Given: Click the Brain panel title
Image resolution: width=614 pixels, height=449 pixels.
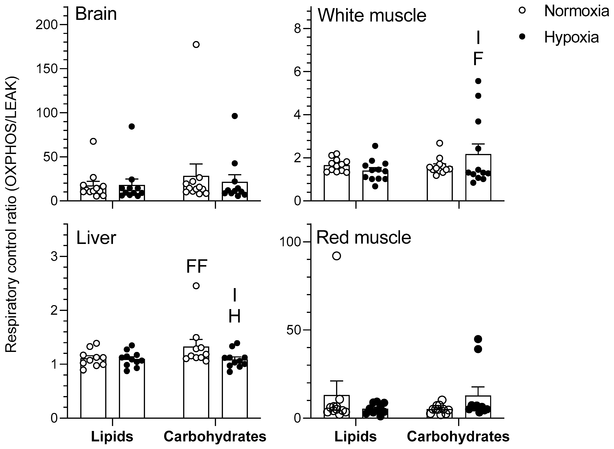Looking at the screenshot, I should coord(96,14).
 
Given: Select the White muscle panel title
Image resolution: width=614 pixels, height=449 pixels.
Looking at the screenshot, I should coord(372,16).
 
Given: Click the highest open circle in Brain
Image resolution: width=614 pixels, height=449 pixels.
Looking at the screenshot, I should coord(196,45).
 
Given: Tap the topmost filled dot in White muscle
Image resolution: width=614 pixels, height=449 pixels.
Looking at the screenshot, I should coord(478,81).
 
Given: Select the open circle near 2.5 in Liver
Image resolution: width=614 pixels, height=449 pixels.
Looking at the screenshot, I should coord(196,286).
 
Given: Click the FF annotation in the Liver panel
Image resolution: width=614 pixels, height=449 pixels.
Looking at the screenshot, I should coord(197,267).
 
